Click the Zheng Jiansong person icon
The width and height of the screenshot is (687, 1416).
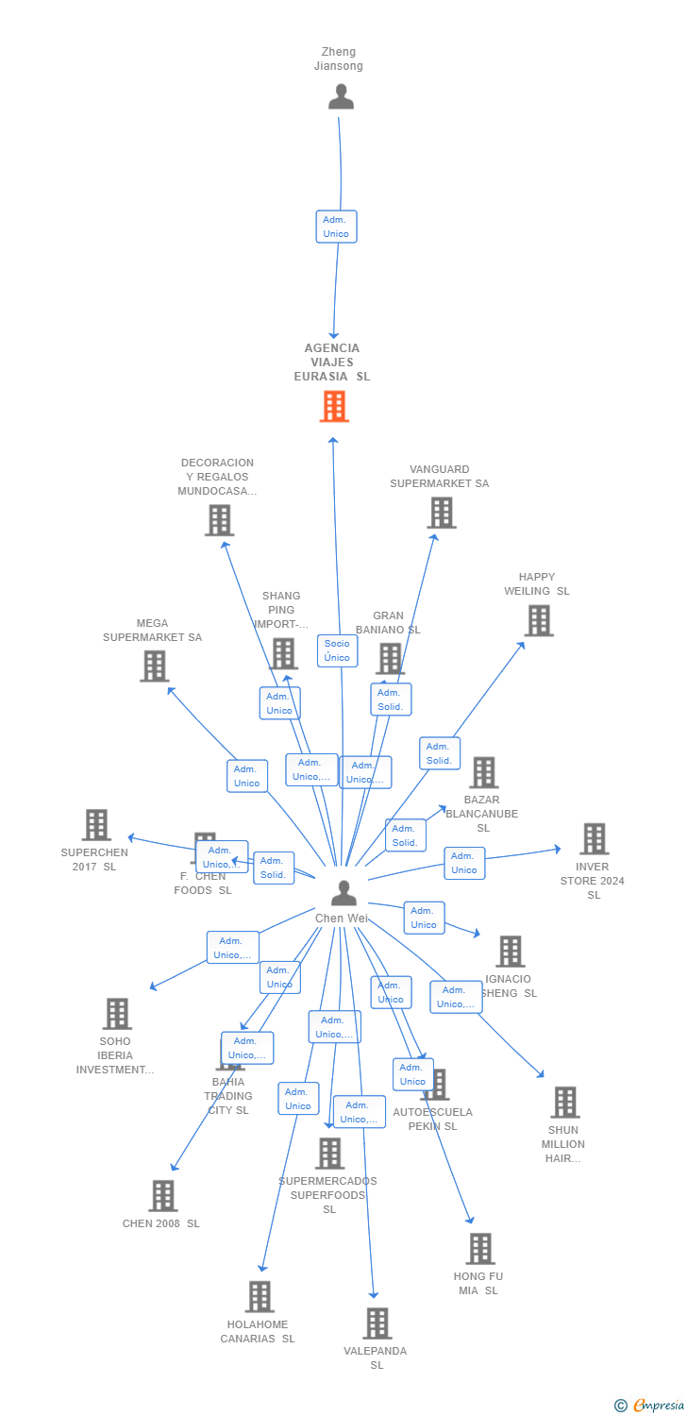[341, 96]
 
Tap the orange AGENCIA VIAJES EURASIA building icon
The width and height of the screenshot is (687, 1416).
[334, 407]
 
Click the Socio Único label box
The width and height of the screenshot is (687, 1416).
[337, 650]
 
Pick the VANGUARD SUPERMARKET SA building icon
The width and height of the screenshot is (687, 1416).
[441, 513]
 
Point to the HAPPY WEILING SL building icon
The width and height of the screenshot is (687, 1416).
[538, 620]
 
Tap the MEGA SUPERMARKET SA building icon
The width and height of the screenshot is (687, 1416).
[154, 666]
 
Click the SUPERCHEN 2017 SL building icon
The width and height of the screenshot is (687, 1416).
[96, 825]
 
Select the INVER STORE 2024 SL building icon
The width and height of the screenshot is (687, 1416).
[594, 838]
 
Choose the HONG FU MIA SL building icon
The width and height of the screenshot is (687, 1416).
[480, 1248]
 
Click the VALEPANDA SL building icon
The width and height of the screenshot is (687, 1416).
[377, 1323]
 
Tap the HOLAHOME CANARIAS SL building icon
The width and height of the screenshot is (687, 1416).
[260, 1296]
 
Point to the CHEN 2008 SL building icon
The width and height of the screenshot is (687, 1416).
[162, 1195]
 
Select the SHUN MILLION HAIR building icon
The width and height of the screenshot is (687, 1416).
[564, 1102]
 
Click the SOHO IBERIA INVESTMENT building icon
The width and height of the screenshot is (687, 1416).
[117, 1013]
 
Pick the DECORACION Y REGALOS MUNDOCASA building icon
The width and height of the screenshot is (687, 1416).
[219, 520]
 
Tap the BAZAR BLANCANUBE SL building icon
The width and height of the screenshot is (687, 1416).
[483, 772]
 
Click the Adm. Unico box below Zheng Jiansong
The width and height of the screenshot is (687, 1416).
[336, 227]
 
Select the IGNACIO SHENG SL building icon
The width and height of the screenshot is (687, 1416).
[511, 952]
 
